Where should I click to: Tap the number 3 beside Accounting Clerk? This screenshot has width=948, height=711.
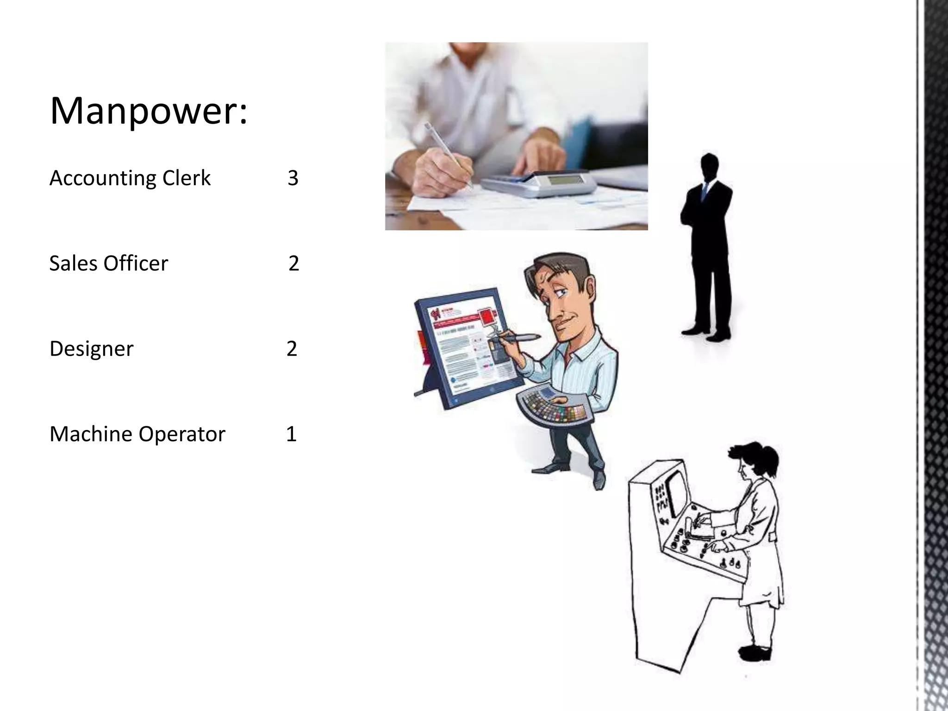tap(293, 178)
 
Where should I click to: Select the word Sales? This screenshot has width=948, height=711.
tap(73, 263)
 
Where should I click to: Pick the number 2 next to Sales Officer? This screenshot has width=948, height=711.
tap(293, 263)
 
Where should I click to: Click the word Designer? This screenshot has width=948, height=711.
tap(91, 349)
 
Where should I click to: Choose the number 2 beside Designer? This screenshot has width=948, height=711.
tap(292, 349)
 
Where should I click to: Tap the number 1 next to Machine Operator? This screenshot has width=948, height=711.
tap(291, 434)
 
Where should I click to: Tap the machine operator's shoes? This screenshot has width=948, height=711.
tap(755, 653)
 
